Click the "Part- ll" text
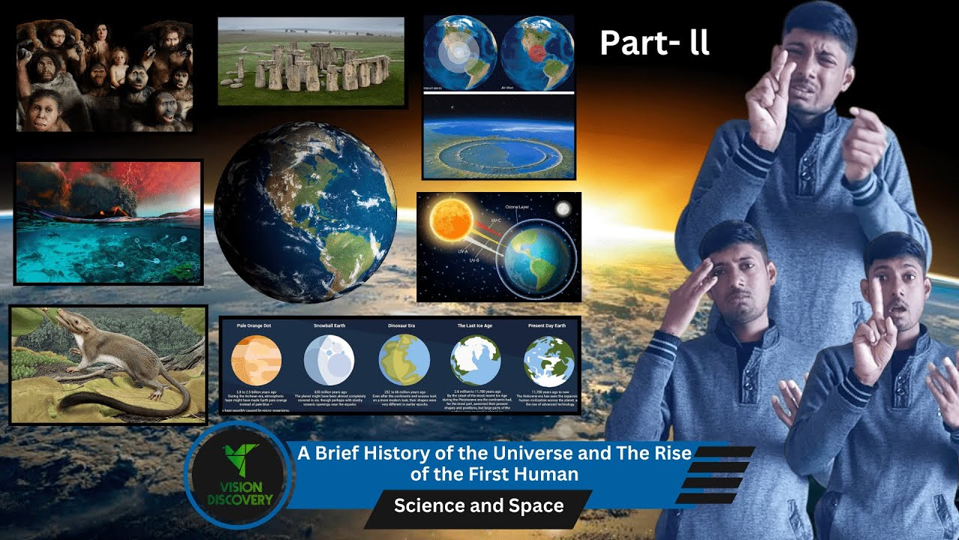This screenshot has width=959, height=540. click(x=654, y=43)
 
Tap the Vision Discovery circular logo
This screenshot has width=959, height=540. click(x=237, y=475)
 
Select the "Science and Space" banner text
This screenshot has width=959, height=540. click(x=479, y=505)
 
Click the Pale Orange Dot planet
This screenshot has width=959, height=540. click(x=256, y=360)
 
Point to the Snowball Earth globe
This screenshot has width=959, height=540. click(x=329, y=360)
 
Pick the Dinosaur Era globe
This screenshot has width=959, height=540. click(x=404, y=360)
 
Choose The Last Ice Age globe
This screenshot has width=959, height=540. click(x=476, y=360)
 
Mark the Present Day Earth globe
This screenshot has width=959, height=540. click(x=548, y=360)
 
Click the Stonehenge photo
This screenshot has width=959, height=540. click(x=311, y=61)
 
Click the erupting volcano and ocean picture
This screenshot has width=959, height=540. click(x=109, y=222)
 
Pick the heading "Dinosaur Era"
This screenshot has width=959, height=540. click(x=404, y=326)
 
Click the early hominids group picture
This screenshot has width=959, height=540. click(x=105, y=75)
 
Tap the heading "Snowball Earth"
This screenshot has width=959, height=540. click(x=329, y=326)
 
